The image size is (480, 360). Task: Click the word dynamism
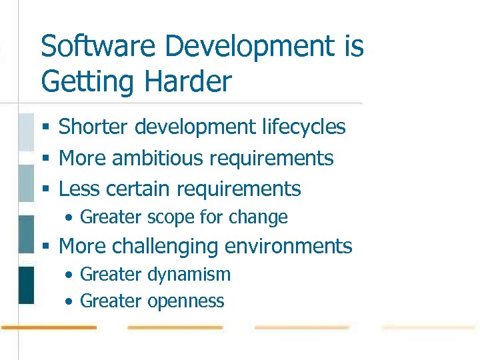(189, 274)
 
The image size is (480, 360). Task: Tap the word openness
(186, 301)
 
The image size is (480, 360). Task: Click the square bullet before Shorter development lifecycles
(45, 127)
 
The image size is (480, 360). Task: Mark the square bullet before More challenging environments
(45, 247)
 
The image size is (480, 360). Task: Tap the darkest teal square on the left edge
(26, 285)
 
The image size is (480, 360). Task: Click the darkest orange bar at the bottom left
(48, 327)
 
